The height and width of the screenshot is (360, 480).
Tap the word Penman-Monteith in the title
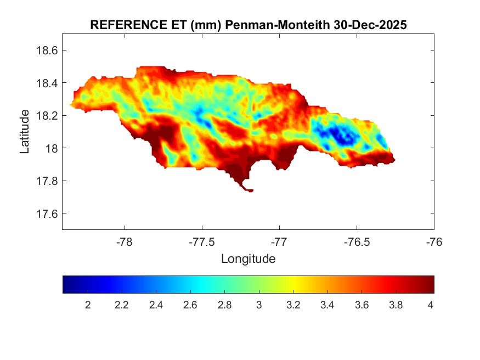coord(278,25)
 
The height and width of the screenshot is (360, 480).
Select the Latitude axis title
coord(25,131)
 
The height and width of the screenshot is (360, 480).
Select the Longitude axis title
coord(248,258)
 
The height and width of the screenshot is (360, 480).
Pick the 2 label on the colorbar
coord(88,305)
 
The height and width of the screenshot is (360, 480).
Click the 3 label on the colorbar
coord(259,305)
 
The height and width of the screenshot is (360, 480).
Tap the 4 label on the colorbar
coord(430,305)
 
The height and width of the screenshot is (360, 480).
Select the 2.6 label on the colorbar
coord(190,305)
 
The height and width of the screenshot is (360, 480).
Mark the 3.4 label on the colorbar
coord(327,305)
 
